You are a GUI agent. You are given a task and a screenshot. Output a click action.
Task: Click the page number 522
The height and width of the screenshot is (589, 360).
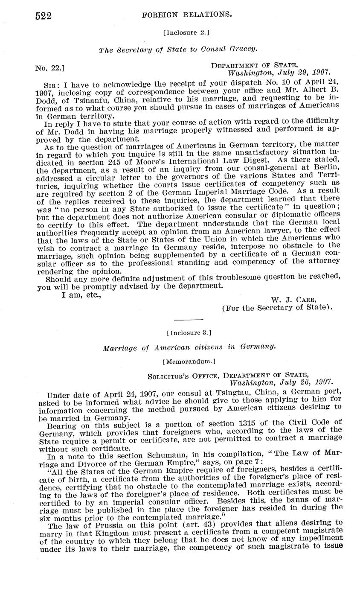(x=43, y=16)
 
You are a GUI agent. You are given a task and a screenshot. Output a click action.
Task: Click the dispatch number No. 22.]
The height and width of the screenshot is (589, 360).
(x=50, y=68)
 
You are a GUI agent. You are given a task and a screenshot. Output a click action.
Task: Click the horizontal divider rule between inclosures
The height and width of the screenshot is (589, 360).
(x=189, y=319)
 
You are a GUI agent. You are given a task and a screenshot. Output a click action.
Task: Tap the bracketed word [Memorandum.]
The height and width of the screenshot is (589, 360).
(x=189, y=361)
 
